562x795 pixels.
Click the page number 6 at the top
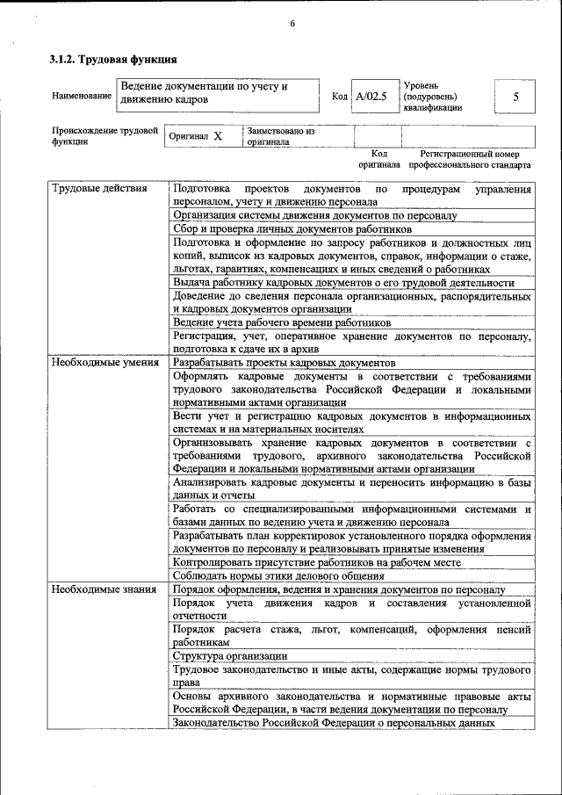point(292,24)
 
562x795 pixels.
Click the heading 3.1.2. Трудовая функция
point(113,61)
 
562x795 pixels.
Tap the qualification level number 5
point(515,97)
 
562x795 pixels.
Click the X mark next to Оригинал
point(218,137)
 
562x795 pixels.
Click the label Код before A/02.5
point(340,97)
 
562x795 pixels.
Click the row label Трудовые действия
point(93,189)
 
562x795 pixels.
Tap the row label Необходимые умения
point(104,362)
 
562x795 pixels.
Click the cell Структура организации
point(229,655)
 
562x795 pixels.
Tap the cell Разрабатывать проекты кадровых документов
point(285,362)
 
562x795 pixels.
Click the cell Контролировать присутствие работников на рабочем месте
point(316,562)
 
